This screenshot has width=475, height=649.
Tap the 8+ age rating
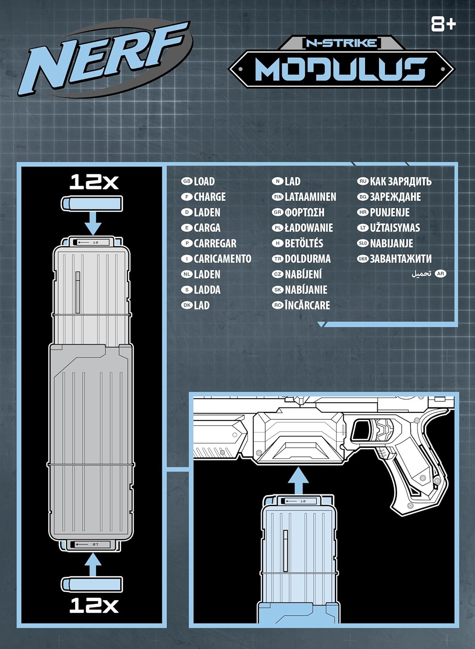[443, 24]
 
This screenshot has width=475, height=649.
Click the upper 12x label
[94, 182]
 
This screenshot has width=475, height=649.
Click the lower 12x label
[94, 605]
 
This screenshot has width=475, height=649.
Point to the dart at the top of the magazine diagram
[92, 204]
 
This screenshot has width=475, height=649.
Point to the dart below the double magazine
[92, 584]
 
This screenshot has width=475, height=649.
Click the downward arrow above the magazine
[92, 224]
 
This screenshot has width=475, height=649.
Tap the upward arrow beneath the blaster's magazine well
[298, 481]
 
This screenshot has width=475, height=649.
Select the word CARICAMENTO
[222, 259]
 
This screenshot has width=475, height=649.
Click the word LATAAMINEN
[310, 197]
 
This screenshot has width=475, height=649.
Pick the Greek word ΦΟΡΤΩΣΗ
[304, 212]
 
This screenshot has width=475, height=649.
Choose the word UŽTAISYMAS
[395, 228]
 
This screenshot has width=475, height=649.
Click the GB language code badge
[186, 182]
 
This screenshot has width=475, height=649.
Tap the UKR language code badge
[363, 259]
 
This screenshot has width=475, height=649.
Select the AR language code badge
[440, 274]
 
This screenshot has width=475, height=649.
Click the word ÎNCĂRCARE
[307, 305]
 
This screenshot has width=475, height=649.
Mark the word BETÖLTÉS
[304, 243]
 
